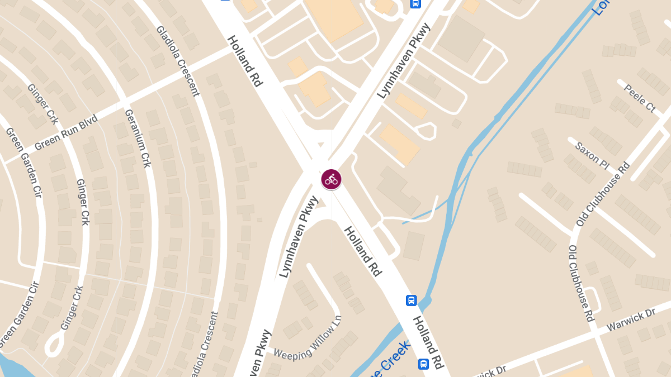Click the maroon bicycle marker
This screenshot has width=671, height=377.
pos(331,179)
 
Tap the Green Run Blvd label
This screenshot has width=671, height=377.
pos(66,133)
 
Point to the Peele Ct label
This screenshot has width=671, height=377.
pos(639,98)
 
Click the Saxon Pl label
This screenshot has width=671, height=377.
pos(592,155)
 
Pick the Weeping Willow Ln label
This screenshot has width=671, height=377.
pos(308,342)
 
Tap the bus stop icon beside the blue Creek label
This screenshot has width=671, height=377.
pos(423,364)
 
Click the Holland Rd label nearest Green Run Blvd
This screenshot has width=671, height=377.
pos(245,61)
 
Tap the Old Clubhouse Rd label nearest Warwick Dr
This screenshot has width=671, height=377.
pos(581,283)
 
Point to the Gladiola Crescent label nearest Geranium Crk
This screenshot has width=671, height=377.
pos(178,60)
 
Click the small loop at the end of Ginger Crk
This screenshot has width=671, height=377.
pos(55,343)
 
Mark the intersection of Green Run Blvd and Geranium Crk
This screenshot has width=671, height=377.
pos(124,103)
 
